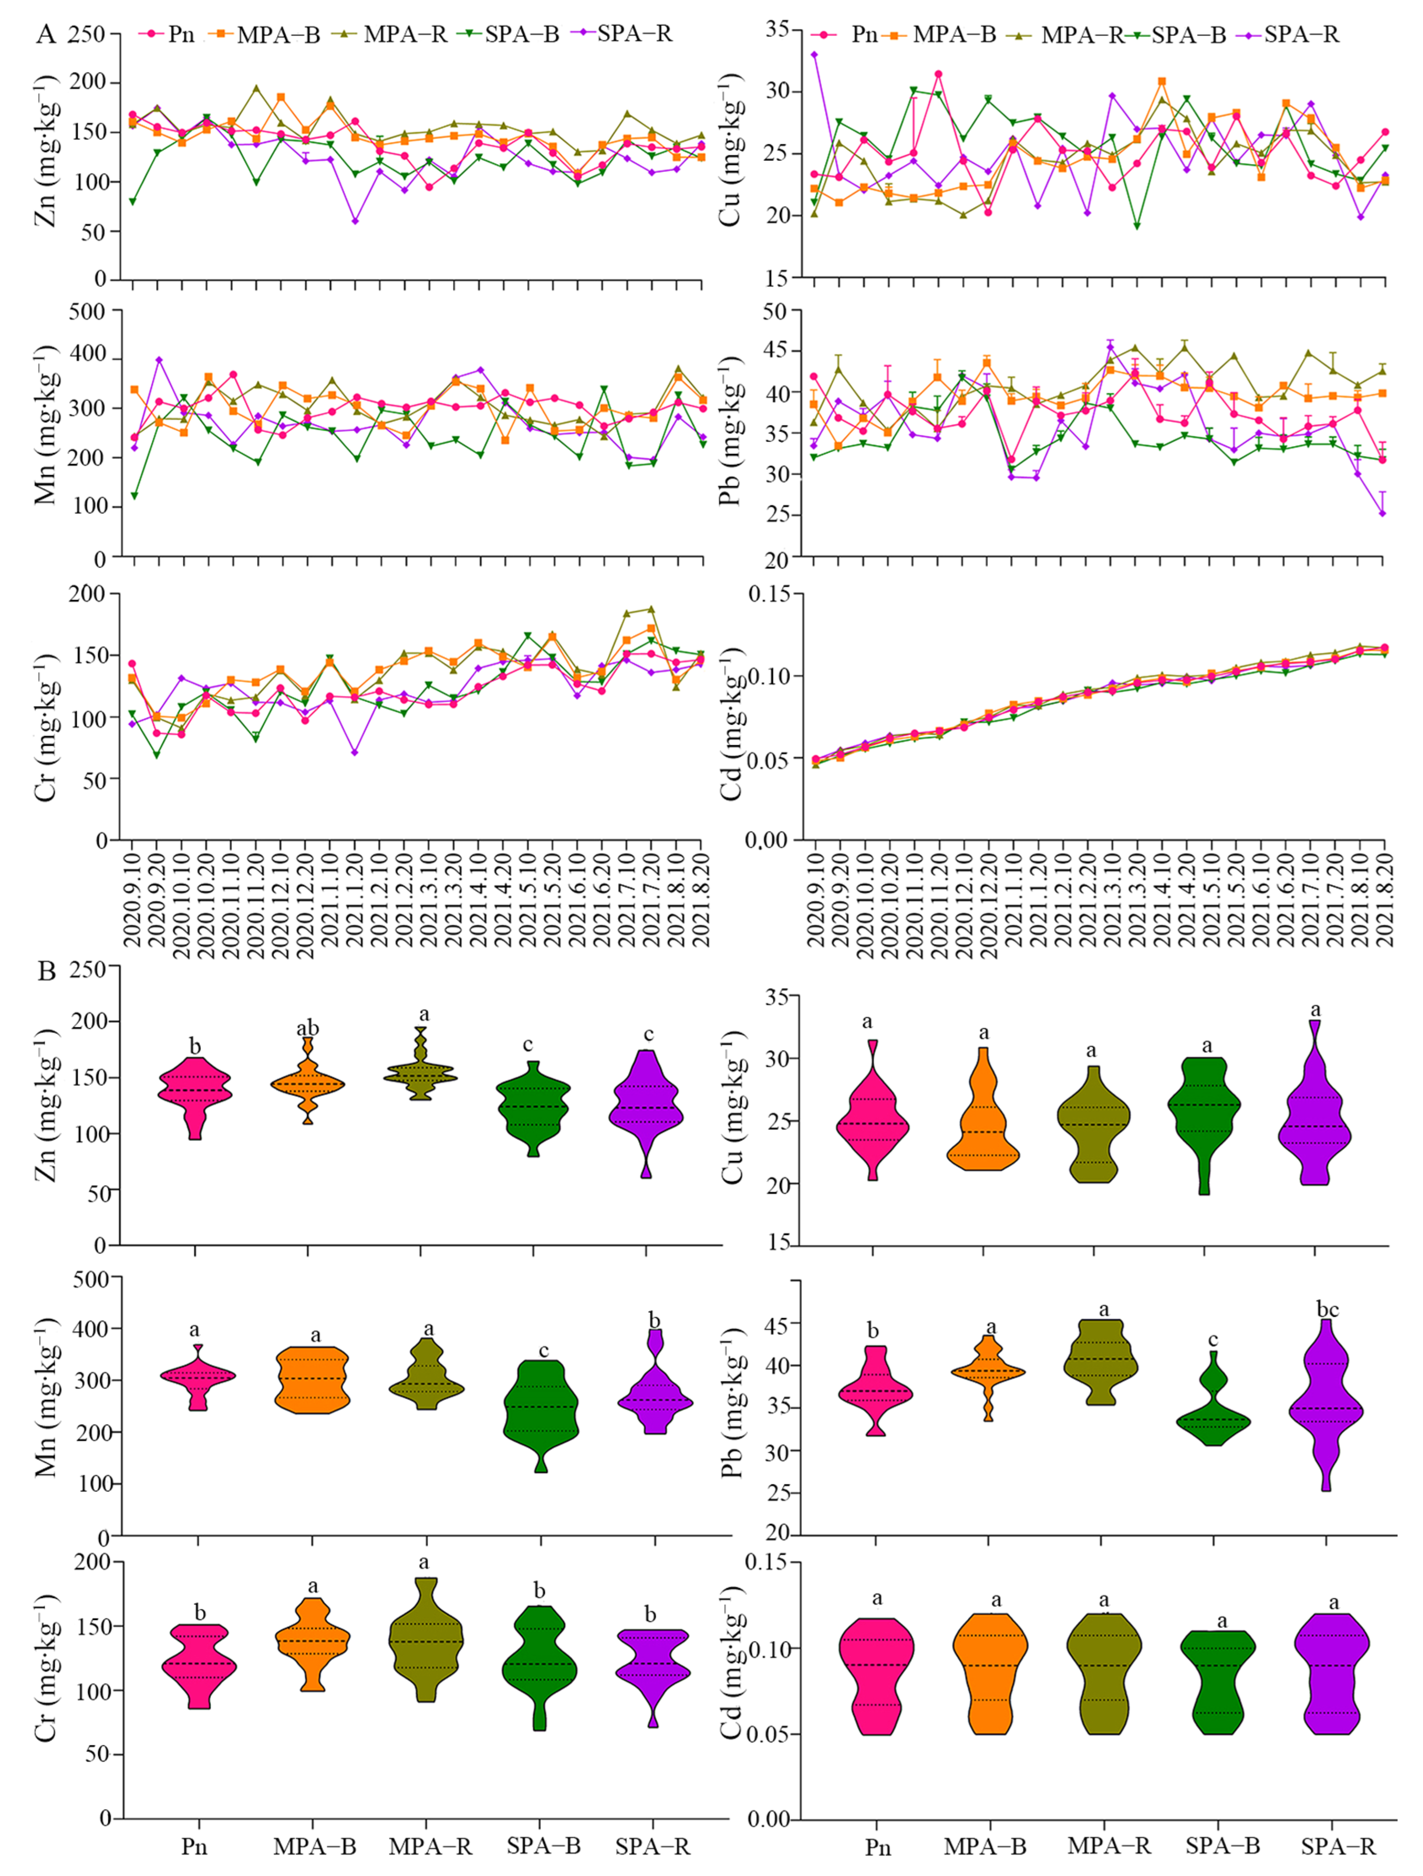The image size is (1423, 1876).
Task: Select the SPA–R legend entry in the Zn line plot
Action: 635,34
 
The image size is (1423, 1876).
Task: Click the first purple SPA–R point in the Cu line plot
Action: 814,55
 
